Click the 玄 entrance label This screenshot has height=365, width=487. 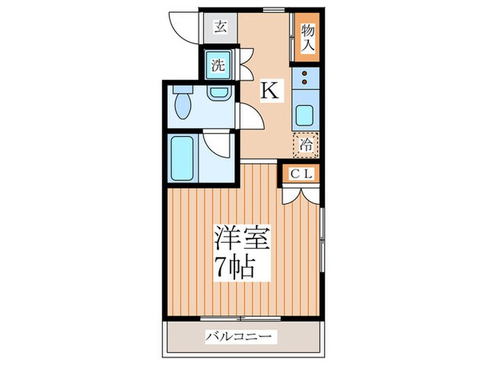click(220, 28)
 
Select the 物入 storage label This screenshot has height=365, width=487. click(308, 38)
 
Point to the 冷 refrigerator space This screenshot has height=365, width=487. click(306, 145)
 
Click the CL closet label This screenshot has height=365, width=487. click(301, 175)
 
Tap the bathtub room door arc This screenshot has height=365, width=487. click(221, 144)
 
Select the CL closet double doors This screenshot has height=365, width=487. click(301, 193)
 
